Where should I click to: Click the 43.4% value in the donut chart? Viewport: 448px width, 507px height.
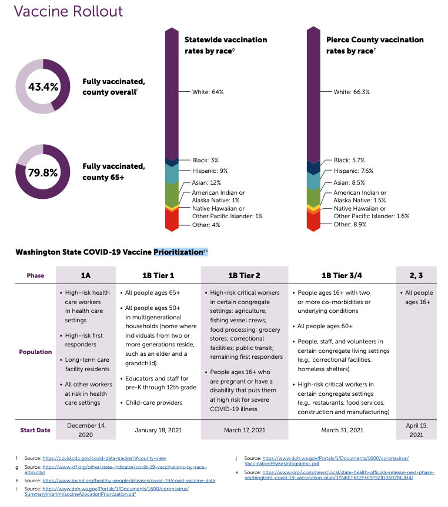tap(43, 86)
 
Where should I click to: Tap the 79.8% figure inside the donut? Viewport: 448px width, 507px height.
tap(43, 172)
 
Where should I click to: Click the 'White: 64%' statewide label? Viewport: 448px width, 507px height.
tap(208, 92)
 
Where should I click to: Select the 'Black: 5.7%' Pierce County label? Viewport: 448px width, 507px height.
tap(349, 160)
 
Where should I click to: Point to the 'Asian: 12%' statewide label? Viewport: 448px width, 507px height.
tap(206, 182)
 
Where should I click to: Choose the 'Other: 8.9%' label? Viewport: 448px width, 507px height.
tap(350, 224)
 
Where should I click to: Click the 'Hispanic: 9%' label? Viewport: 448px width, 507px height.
tap(210, 171)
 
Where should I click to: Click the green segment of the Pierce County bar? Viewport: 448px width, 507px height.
tap(313, 196)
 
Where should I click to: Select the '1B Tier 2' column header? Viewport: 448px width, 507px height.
tap(244, 275)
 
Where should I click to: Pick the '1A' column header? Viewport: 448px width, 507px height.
tap(86, 275)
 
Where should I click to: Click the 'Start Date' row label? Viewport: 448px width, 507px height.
tap(35, 430)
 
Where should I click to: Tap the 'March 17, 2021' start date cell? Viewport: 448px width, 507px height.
tap(245, 430)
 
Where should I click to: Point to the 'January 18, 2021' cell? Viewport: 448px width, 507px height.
tap(158, 430)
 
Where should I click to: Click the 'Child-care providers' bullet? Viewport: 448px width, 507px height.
tap(151, 402)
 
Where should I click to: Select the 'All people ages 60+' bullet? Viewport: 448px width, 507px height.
tap(323, 326)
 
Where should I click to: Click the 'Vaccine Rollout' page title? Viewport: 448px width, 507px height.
tap(68, 11)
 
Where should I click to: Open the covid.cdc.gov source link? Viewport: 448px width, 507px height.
tap(104, 458)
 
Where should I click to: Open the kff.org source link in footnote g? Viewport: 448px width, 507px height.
tap(125, 469)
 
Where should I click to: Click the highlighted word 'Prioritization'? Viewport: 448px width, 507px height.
tap(178, 252)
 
